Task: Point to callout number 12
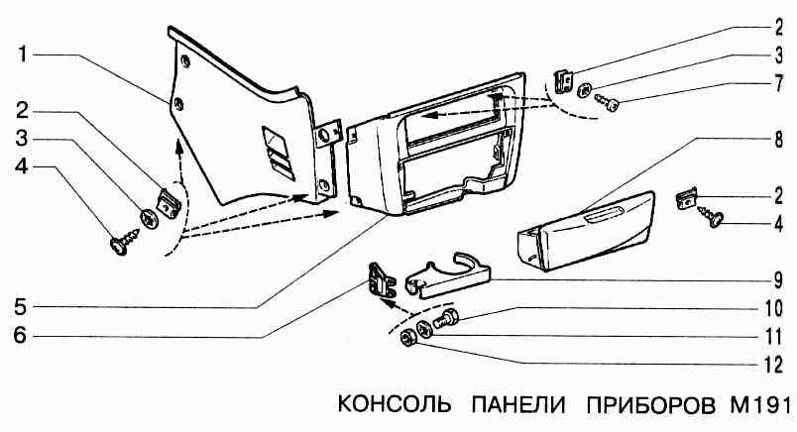pos(777,365)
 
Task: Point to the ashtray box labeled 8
pos(585,230)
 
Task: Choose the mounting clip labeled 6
pos(382,281)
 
